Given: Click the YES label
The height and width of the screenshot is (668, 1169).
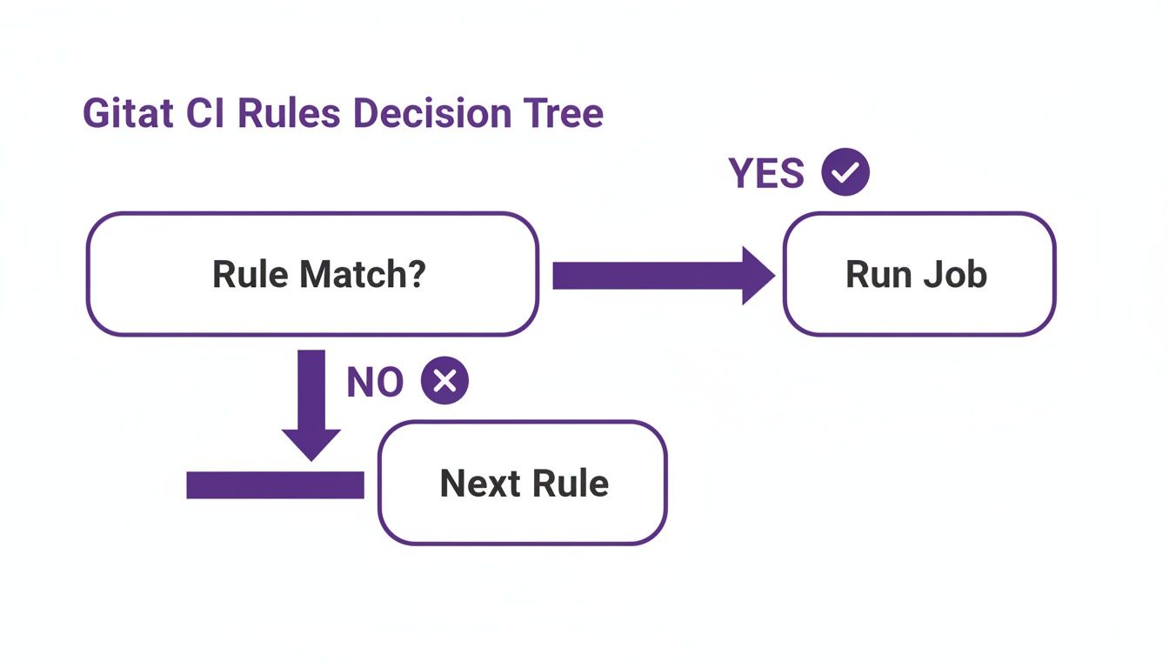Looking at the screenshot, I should click(766, 174).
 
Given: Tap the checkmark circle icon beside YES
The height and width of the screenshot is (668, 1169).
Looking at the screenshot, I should click(845, 174).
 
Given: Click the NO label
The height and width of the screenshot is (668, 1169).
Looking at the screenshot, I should click(375, 383).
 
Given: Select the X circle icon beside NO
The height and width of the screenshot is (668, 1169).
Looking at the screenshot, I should click(444, 382).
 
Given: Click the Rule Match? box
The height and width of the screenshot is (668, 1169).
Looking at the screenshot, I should click(312, 275).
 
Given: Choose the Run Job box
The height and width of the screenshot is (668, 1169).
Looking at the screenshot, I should click(918, 275).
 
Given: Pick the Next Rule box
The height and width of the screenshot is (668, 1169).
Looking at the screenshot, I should click(522, 484).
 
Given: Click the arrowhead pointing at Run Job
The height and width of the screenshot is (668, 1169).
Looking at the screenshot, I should click(757, 276).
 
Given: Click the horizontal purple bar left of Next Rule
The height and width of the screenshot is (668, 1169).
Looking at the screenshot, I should click(275, 485).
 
